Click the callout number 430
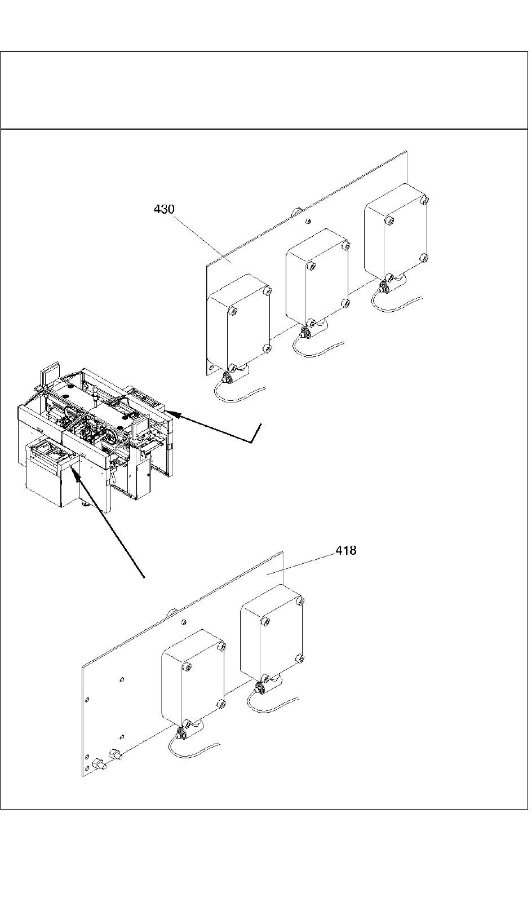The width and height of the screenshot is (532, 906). [x=164, y=209]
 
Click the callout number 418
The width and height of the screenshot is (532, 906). [x=346, y=550]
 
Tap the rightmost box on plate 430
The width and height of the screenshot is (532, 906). [x=396, y=234]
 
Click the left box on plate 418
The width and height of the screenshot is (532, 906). [x=193, y=678]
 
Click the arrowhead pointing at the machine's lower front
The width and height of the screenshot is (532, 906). [x=76, y=472]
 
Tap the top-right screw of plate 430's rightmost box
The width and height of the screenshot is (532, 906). [x=425, y=200]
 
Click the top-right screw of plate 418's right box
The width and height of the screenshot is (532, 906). [x=301, y=600]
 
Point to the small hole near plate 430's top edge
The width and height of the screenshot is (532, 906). [x=307, y=222]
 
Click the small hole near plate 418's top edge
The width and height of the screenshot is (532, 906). [x=184, y=622]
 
